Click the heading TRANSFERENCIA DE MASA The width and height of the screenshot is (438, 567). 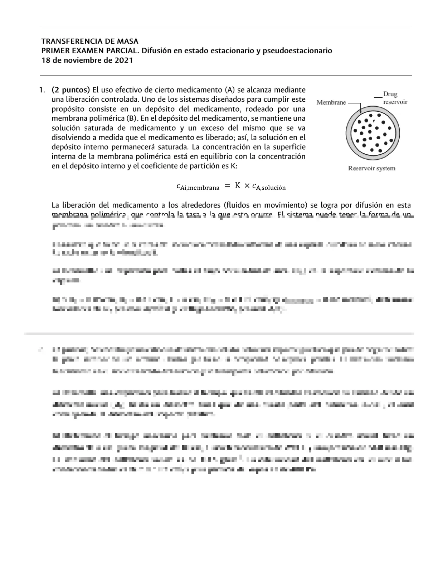pos(90,41)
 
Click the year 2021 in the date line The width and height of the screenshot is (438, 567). pos(123,60)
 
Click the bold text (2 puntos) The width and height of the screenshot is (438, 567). pos(71,89)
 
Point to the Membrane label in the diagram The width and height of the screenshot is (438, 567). pos(331,102)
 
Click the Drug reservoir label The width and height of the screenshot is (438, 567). pos(395,98)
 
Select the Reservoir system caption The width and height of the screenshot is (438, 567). pos(371,168)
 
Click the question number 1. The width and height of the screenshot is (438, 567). pos(42,89)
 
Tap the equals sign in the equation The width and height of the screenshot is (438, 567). pos(226,186)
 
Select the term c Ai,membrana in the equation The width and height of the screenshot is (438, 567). pos(198,186)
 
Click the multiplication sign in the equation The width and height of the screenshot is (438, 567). pos(247,186)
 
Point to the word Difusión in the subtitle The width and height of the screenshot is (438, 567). pos(156,50)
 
